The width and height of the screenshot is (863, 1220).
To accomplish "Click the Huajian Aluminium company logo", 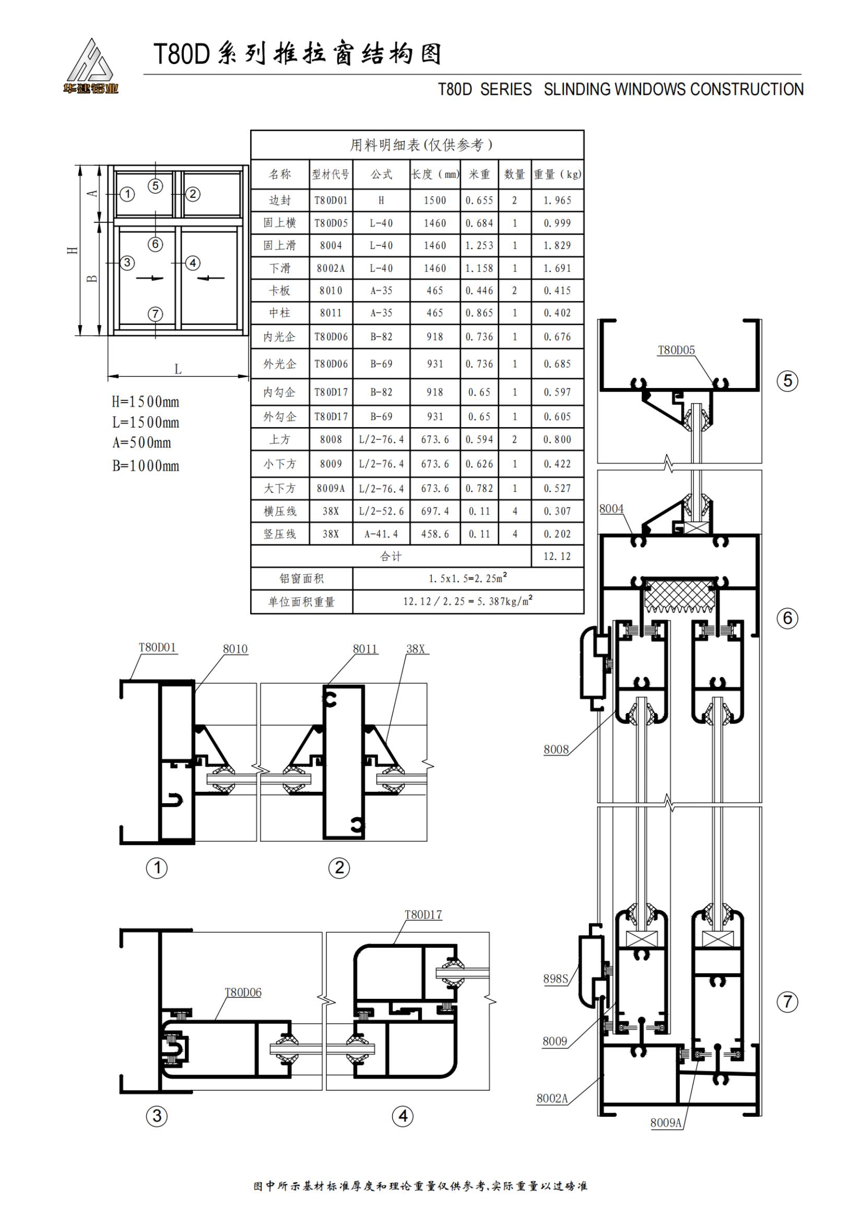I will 90,66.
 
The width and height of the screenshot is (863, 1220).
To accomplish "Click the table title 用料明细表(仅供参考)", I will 421,144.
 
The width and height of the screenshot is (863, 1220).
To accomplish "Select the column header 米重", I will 479,174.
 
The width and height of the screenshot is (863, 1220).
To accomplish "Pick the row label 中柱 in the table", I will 280,313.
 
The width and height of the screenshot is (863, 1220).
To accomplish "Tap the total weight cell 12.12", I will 557,557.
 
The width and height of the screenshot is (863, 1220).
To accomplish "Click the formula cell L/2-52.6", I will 381,511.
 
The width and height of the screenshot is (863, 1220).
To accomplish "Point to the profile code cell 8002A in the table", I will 330,268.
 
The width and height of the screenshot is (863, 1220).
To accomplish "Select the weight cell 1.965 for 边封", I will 557,201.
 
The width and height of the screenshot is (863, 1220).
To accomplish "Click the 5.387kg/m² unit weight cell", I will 468,601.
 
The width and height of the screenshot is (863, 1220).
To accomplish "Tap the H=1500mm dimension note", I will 145,402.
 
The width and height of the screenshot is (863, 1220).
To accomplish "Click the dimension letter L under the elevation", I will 178,369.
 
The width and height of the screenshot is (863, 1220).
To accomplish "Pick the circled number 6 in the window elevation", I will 155,244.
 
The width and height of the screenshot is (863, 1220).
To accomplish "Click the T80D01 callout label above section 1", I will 157,647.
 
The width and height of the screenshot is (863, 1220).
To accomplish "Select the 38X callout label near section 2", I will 416,649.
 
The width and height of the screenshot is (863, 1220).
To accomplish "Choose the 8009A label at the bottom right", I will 666,1122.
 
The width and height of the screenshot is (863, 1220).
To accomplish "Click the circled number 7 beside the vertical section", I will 787,1002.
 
